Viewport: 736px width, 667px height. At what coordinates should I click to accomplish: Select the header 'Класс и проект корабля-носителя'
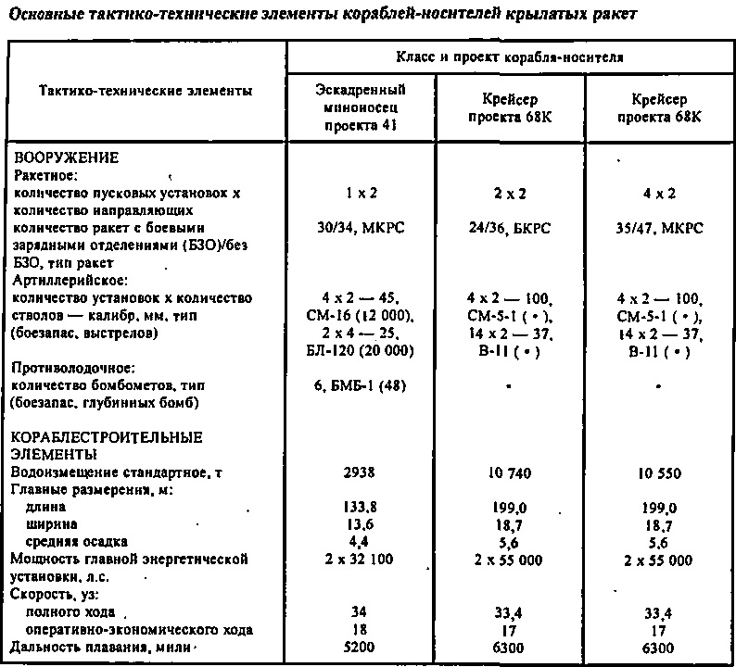coord(512,57)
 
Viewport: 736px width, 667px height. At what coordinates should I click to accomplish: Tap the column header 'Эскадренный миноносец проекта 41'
coord(360,107)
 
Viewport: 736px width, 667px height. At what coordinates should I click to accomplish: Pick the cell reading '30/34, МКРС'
coord(360,228)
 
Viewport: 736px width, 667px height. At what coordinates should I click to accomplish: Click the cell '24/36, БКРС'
coord(511,228)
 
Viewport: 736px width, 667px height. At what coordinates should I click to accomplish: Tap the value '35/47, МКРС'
coord(659,228)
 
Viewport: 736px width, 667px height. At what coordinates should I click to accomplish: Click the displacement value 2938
coord(360,472)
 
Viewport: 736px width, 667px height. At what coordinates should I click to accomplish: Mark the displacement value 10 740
coord(511,472)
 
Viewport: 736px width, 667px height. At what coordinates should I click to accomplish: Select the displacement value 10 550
coord(659,472)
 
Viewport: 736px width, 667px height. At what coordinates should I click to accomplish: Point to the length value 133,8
coord(360,508)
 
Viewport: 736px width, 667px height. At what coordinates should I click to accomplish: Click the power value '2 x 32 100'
coord(360,560)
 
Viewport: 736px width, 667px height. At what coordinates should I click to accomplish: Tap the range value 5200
coord(360,648)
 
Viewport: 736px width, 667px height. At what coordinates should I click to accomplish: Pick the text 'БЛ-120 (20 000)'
coord(360,350)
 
